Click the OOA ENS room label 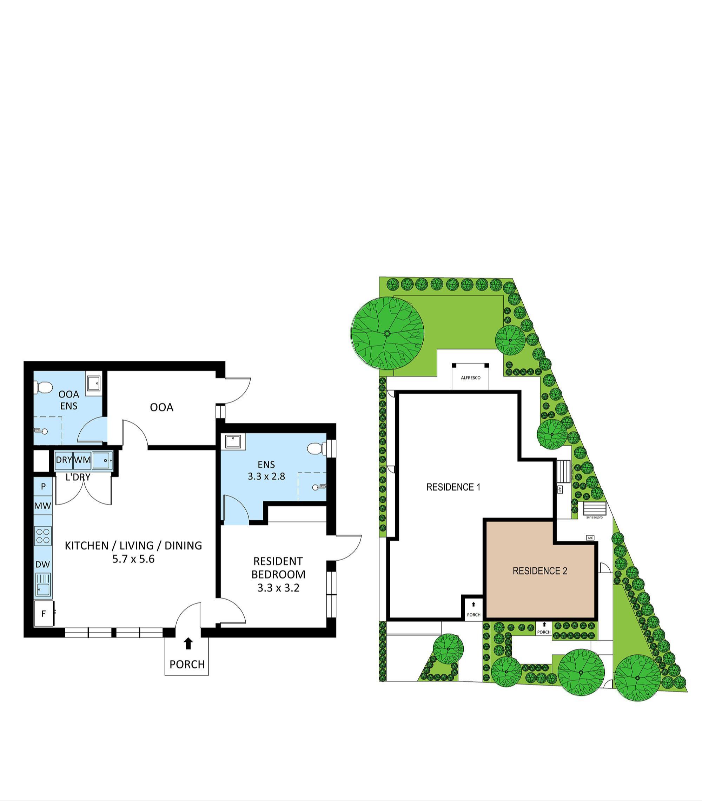[69, 400]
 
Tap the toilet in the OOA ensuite [44, 388]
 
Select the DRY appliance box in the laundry [64, 460]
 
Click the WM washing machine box [82, 460]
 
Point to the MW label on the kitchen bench [43, 506]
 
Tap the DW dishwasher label [43, 564]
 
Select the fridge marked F [44, 614]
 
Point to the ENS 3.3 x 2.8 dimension [266, 476]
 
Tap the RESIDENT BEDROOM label [278, 568]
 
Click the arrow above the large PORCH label [188, 643]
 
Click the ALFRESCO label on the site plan [470, 378]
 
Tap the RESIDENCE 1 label [453, 487]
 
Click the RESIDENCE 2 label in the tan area [540, 571]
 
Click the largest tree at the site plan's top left [388, 333]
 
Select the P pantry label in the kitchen [43, 486]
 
